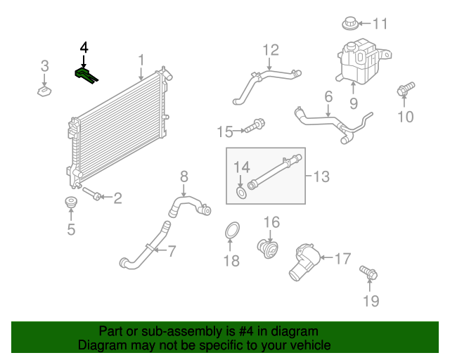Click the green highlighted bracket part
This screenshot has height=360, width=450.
tap(85, 74)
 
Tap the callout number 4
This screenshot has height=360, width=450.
tap(84, 48)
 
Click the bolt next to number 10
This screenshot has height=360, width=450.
tap(404, 91)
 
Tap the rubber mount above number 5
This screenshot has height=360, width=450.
tap(70, 204)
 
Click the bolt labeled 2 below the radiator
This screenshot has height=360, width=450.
tap(93, 193)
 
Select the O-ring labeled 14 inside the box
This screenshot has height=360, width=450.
tap(241, 193)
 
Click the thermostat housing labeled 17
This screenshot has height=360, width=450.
tap(304, 259)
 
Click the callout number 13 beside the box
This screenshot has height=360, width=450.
tap(321, 176)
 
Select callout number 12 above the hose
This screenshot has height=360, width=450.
tap(271, 50)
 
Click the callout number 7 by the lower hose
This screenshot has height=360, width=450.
tap(171, 249)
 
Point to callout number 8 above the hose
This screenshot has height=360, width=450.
tap(184, 176)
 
